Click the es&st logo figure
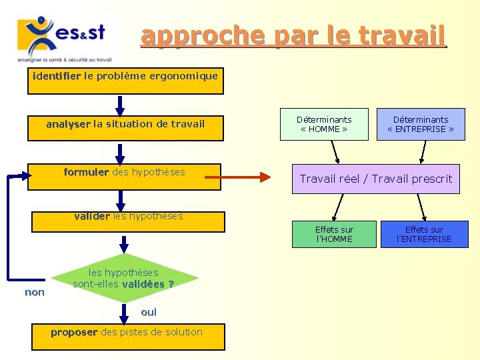click(41, 36)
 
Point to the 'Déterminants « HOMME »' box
click(324, 125)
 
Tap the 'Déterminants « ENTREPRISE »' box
click(420, 125)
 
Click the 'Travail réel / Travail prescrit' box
click(375, 179)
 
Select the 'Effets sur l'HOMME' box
click(334, 234)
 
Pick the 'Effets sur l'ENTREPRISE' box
click(424, 234)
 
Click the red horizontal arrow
click(237, 177)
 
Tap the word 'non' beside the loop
click(35, 292)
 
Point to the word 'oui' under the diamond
click(149, 312)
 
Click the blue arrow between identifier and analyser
click(120, 105)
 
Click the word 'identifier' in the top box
click(57, 76)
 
